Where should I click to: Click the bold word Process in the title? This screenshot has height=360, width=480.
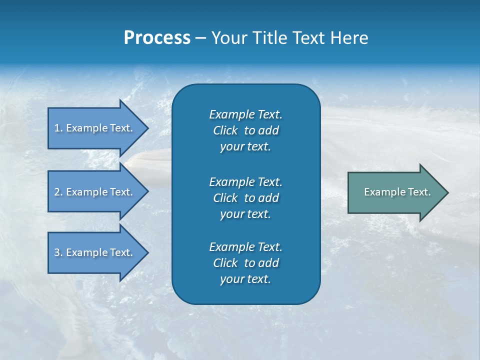[x=157, y=38]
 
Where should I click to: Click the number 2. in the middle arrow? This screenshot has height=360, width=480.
[x=58, y=192]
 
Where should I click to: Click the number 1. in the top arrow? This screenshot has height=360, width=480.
[x=58, y=128]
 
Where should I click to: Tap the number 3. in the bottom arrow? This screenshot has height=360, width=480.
[x=58, y=252]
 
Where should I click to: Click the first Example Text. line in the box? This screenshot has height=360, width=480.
[x=245, y=114]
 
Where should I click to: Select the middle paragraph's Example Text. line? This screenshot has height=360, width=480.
[x=245, y=181]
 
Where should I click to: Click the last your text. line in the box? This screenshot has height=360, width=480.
[x=245, y=279]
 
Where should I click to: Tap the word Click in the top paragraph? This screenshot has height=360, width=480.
[x=225, y=130]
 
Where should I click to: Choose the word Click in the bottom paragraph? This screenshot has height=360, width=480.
[x=225, y=263]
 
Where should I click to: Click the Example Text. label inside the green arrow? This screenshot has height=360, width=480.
[x=397, y=192]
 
